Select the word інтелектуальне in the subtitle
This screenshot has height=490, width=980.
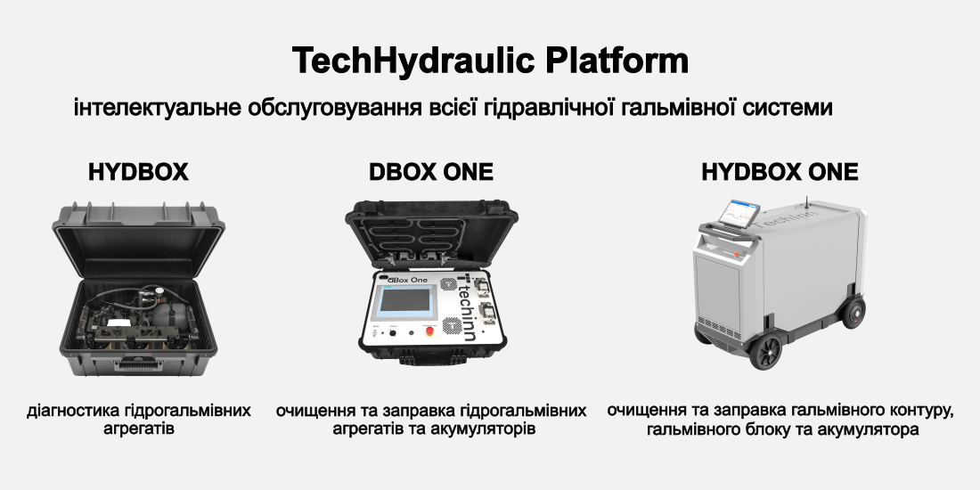click(156, 108)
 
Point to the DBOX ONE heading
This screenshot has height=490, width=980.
click(430, 172)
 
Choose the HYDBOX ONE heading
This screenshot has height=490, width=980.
click(780, 172)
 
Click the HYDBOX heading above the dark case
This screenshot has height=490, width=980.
click(138, 172)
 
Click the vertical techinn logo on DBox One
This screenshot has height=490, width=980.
click(466, 306)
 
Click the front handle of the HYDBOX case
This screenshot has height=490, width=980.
click(139, 362)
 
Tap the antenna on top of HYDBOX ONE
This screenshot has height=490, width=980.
click(806, 200)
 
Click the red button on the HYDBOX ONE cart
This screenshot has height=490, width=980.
click(736, 254)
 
